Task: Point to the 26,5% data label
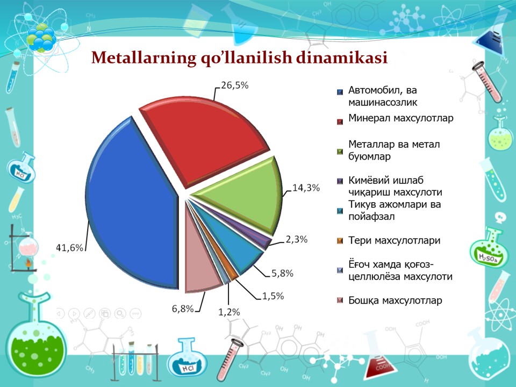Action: click(235, 85)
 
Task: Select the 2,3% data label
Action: click(297, 239)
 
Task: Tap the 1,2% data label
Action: click(229, 312)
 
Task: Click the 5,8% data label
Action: click(282, 273)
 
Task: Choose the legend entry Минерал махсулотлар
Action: click(401, 118)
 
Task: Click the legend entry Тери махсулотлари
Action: click(394, 240)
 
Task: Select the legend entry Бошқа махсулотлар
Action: click(395, 300)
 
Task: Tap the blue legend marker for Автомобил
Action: click(340, 92)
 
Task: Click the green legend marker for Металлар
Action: click(340, 152)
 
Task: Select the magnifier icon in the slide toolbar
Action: click(120, 313)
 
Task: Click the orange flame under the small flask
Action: click(29, 263)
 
